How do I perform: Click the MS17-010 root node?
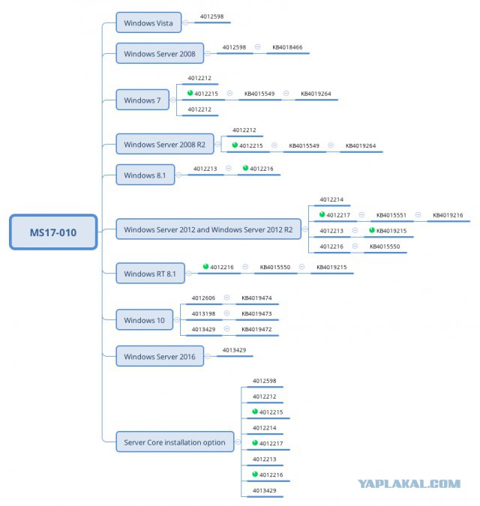coord(53,232)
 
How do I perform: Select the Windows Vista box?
coord(148,22)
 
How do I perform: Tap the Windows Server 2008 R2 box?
coord(165,144)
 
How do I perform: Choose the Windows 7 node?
coord(142,100)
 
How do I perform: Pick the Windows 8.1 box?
coord(145,175)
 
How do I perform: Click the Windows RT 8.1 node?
coord(150,274)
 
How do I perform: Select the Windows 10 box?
coord(144,320)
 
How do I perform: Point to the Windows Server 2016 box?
coord(160,356)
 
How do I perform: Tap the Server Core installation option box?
coord(175,442)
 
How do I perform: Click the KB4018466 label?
coord(287,47)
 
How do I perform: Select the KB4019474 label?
coord(256,298)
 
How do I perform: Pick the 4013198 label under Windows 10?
coord(203,313)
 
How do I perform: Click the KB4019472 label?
coord(256,330)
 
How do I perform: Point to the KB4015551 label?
coord(391,215)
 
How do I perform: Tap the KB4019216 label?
coord(448,215)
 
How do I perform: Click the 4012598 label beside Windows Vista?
coord(211,16)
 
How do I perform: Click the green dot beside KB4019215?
coord(372,230)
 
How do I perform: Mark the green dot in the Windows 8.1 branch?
coord(245,168)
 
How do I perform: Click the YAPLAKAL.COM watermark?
coord(409,484)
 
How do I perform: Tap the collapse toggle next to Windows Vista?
coord(185,22)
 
